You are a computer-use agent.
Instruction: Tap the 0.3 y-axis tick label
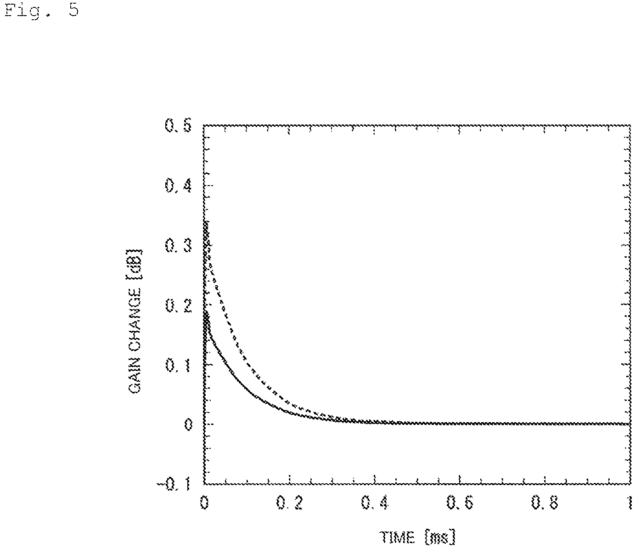pyautogui.click(x=178, y=245)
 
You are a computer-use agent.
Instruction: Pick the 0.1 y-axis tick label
pyautogui.click(x=178, y=365)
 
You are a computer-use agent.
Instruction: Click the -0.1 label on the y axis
pyautogui.click(x=174, y=485)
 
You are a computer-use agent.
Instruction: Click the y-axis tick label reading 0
pyautogui.click(x=188, y=424)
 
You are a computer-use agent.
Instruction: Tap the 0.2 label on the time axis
pyautogui.click(x=289, y=503)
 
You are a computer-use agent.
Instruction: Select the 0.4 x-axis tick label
pyautogui.click(x=375, y=503)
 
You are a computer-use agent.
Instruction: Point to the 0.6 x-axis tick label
pyautogui.click(x=460, y=503)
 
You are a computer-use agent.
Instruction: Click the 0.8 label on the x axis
pyautogui.click(x=545, y=503)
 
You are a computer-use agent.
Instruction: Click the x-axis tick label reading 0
pyautogui.click(x=204, y=503)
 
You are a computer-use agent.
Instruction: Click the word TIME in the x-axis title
pyautogui.click(x=398, y=537)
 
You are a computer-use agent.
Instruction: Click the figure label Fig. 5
pyautogui.click(x=42, y=11)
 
